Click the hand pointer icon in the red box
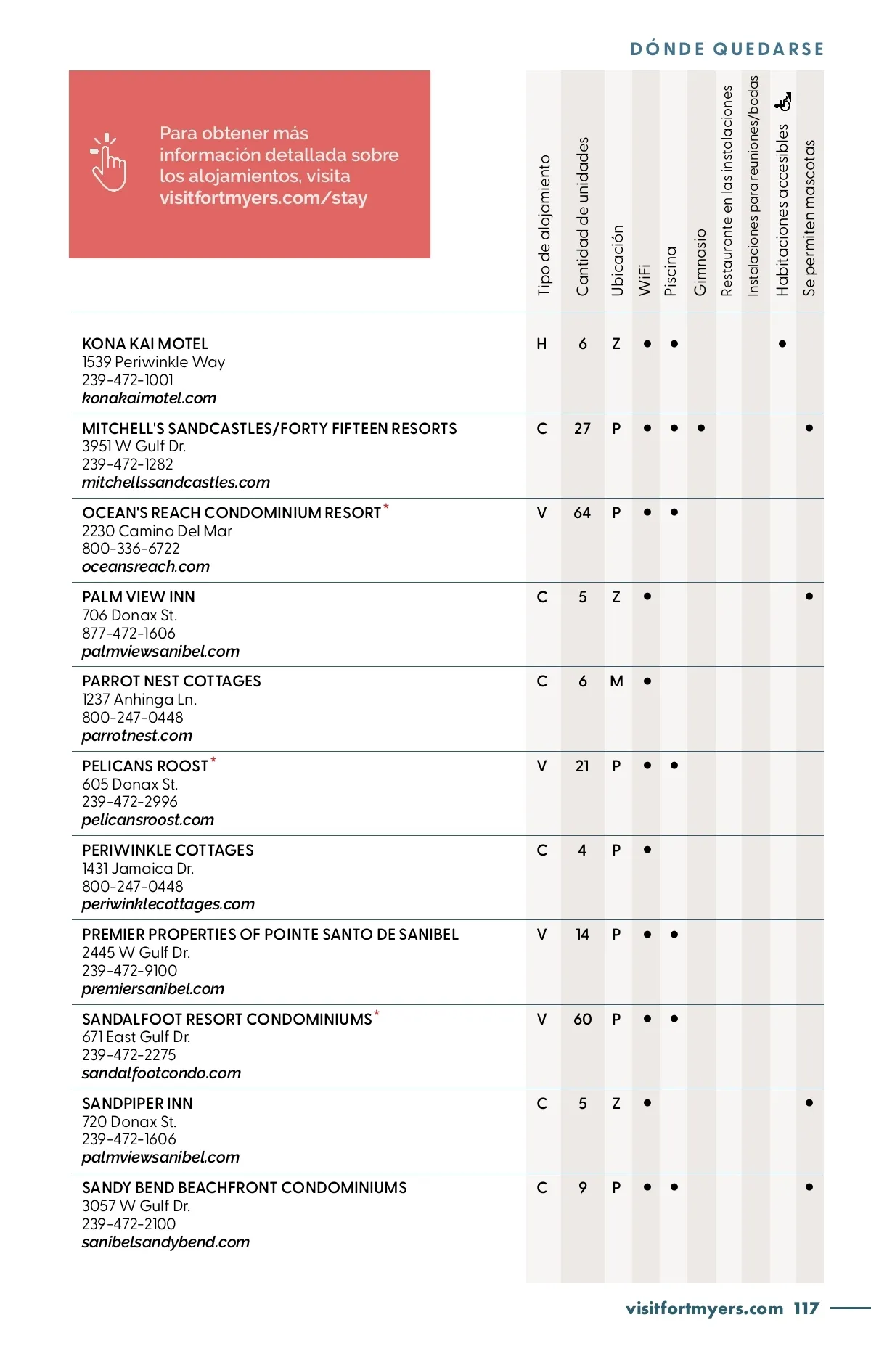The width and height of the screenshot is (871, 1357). point(108,163)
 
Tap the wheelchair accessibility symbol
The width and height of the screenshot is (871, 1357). point(782,102)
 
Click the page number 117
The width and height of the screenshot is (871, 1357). point(806,1308)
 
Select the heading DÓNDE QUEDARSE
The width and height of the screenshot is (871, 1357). point(727,49)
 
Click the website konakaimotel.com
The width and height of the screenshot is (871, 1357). point(149,398)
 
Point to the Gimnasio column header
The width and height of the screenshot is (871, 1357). point(700,262)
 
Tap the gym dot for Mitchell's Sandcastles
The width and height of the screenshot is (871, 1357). point(701,428)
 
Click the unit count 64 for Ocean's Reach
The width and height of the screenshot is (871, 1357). point(582,513)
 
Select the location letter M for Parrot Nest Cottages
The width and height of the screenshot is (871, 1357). point(616,681)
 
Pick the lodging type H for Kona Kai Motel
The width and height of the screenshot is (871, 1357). point(541,344)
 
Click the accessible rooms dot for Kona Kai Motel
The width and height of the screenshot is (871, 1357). point(782,344)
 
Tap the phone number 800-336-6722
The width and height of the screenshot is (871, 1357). point(131,549)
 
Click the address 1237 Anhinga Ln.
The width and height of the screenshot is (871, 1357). point(139,700)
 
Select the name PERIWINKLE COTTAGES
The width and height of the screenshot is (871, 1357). point(168,850)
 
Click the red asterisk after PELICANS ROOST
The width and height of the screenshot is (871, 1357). point(213,760)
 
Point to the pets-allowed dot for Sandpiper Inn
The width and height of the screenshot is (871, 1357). point(809,1103)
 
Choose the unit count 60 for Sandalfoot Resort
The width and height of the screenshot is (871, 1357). point(582,1019)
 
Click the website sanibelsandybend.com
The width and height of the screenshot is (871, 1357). point(165,1242)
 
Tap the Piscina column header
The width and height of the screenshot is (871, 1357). point(671,271)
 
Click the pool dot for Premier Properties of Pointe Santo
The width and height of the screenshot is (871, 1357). point(674,935)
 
